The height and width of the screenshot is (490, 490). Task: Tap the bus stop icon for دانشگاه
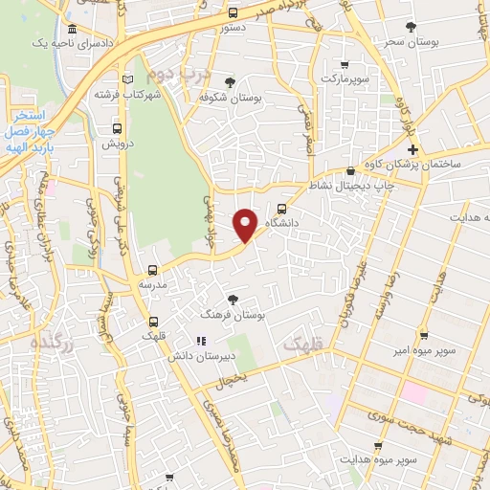[281, 208]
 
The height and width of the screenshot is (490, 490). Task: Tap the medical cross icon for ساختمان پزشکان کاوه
[412, 150]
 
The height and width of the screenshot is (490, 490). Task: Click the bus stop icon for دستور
[234, 13]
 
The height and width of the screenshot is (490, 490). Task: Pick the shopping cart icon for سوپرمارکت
[345, 65]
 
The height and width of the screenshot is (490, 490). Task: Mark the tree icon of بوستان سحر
[412, 27]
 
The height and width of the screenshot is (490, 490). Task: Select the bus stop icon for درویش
[117, 128]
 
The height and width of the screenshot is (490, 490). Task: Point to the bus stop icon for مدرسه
[152, 271]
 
